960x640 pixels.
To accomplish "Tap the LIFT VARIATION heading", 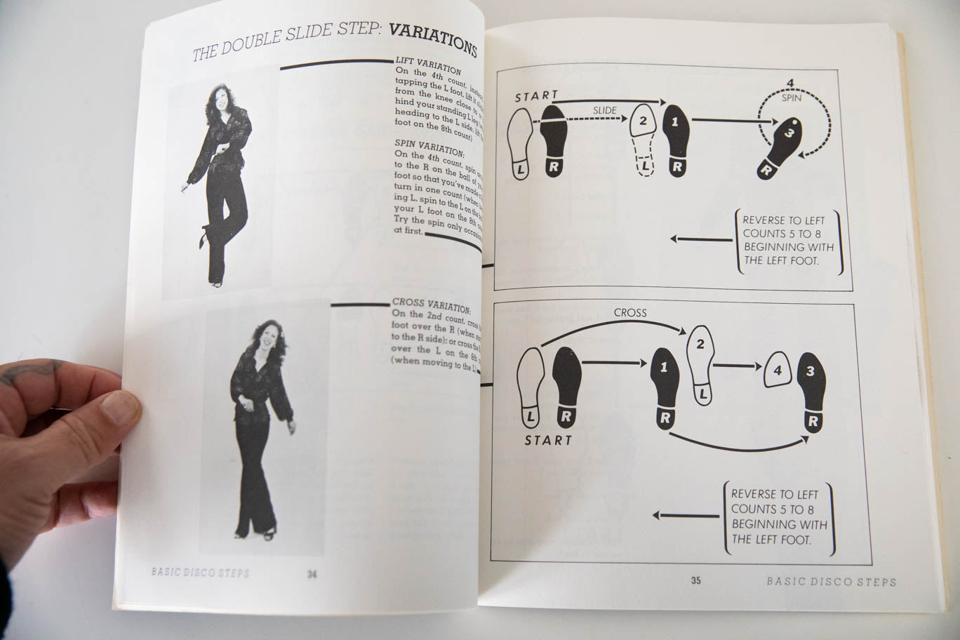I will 428,66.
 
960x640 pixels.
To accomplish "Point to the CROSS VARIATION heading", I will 431,306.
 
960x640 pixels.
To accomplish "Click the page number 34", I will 312,574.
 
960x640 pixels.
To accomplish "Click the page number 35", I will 695,580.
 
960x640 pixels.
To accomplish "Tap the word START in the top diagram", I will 536,96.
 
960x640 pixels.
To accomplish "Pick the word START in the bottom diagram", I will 548,440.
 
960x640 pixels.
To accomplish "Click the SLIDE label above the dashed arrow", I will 604,110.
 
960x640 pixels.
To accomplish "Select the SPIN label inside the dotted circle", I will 791,98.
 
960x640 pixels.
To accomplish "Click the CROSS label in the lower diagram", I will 629,312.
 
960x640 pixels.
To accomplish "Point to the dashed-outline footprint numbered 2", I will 644,139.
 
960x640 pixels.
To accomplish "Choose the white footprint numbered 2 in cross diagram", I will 700,363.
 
